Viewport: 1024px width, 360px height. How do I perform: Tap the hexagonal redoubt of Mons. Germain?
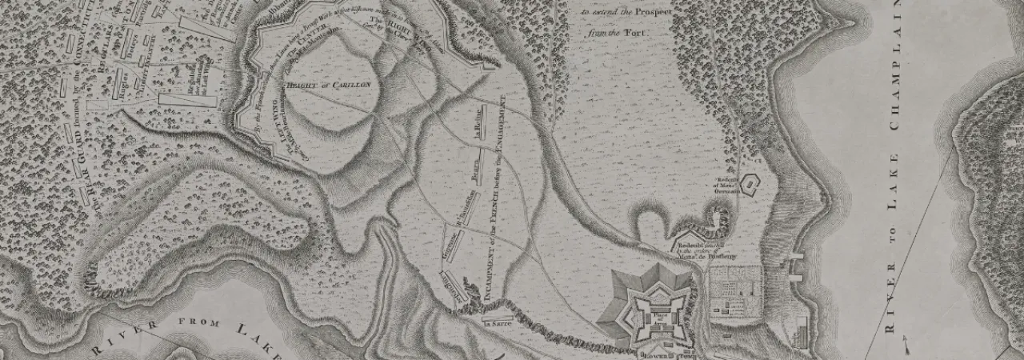[750, 186]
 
